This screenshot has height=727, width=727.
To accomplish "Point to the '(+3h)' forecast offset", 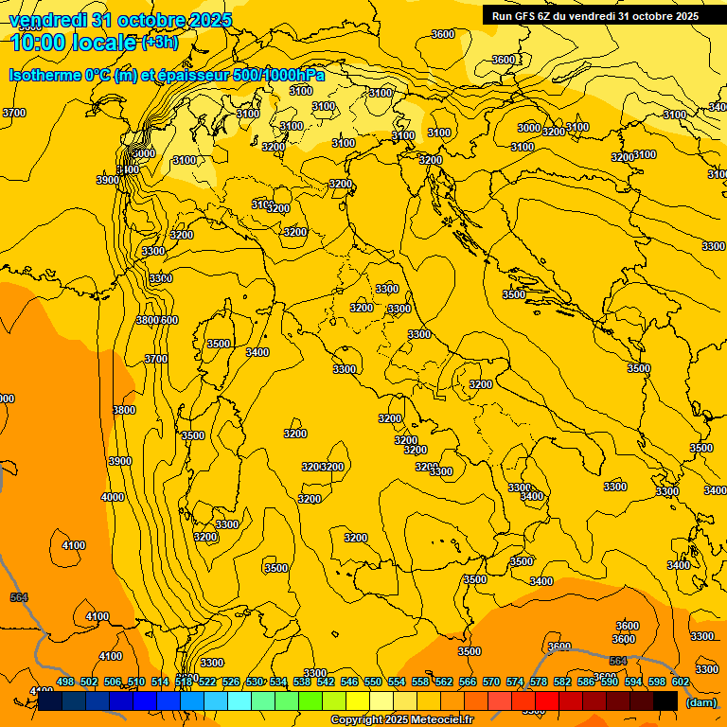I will [158, 43].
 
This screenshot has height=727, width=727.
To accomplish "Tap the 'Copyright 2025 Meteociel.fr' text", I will [401, 720].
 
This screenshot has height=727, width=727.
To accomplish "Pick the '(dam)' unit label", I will [700, 701].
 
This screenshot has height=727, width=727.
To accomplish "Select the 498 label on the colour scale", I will [65, 682].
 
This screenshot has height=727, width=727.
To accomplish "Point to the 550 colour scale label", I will [373, 682].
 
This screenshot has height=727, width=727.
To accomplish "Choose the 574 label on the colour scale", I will [515, 682].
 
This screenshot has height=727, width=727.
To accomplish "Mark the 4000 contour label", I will [112, 497].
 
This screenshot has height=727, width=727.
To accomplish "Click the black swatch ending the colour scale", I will [665, 700].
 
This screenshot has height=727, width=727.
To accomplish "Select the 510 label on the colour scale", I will [136, 682].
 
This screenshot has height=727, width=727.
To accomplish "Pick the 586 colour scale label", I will [586, 682].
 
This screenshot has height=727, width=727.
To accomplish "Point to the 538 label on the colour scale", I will [302, 682].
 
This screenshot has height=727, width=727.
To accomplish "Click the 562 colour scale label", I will [444, 682].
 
